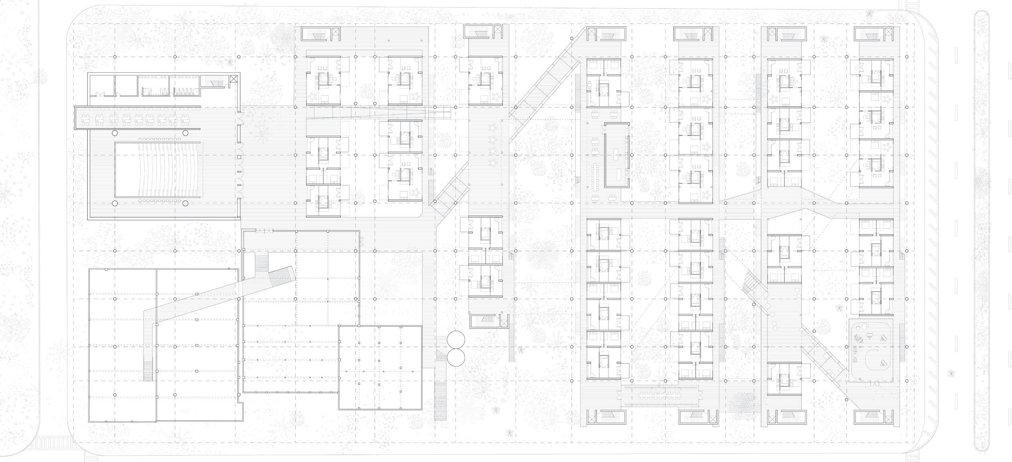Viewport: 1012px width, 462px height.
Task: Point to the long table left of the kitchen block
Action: point(595,176)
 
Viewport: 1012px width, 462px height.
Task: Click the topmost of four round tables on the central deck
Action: point(492,128)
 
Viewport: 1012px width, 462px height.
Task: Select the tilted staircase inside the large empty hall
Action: point(282,277)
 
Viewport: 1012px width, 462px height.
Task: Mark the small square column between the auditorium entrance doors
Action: point(239,156)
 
